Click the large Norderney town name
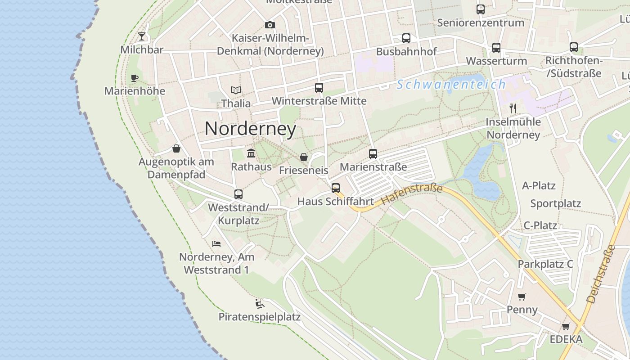point(250,129)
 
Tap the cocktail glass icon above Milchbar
point(142,36)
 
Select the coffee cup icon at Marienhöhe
point(135,78)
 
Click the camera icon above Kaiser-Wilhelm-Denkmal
point(270,25)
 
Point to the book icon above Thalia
point(236,90)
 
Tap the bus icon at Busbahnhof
point(406,38)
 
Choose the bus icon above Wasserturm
point(496,48)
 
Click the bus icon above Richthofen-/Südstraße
point(574,47)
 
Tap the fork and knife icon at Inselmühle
point(513,108)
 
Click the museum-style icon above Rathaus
point(251,153)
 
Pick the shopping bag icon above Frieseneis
point(304,157)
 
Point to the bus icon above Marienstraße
point(373,154)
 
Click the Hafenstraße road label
point(412,195)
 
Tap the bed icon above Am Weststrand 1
point(216,244)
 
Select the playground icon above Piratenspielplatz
point(260,304)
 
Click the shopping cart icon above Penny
point(522,297)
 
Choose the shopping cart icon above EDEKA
point(566,326)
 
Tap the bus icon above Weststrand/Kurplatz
point(238,194)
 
